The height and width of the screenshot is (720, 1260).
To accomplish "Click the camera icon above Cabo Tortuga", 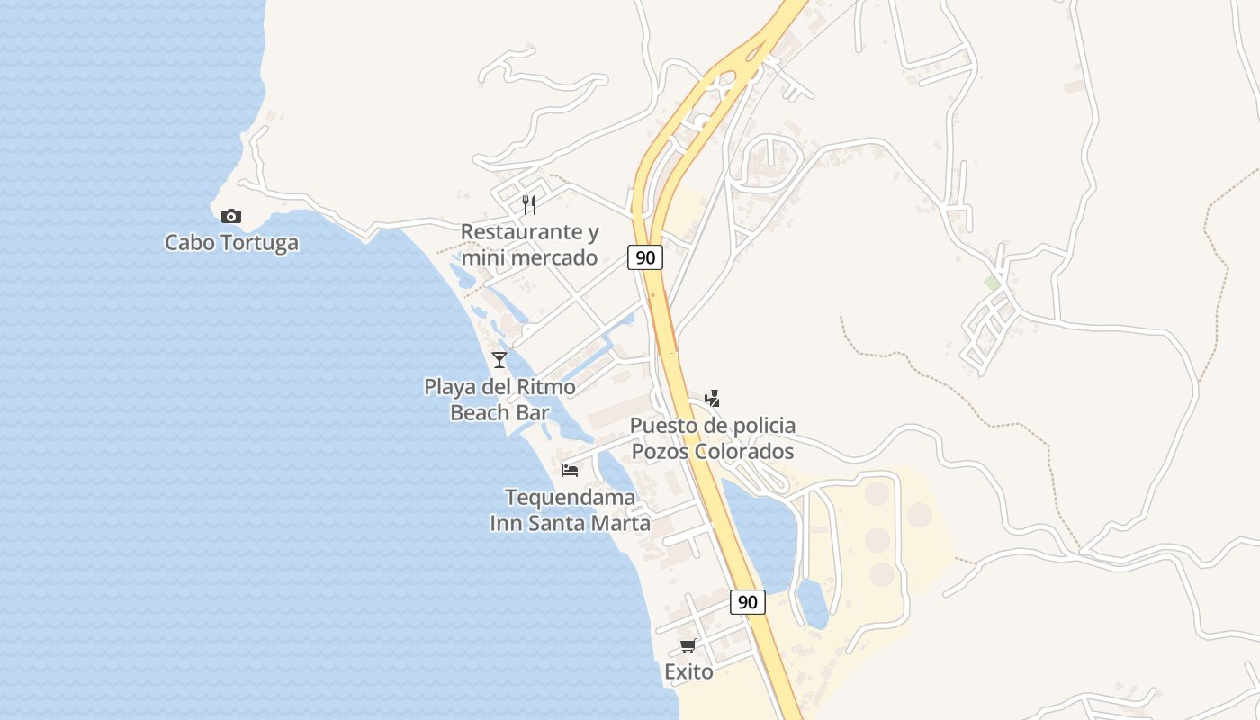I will coord(231,216).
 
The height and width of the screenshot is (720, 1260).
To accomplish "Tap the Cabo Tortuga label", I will coord(231,242).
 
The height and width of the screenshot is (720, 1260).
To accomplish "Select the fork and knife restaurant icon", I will coord(529,205).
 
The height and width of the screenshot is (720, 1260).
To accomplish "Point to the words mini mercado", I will coord(529,257).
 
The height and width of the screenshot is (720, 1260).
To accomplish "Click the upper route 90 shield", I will coord(645,257).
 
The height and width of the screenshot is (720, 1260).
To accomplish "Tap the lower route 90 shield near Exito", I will coord(747,602).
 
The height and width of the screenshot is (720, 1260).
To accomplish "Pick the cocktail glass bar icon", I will coord(499,360).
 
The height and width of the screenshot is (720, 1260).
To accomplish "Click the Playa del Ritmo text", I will coord(499,387).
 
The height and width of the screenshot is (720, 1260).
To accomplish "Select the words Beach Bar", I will coord(499,412).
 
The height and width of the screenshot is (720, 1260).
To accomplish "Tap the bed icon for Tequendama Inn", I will coord(570,470).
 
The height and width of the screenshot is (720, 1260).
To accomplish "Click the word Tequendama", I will coord(570,497).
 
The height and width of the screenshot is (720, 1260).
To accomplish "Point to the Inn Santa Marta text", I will coord(570,522).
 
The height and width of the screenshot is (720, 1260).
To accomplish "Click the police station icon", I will coord(712,398).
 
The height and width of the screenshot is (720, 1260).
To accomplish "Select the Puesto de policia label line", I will coord(712,425).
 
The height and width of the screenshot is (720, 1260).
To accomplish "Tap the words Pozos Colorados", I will coord(712,450).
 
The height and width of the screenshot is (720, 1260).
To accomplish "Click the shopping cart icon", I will coord(688,645).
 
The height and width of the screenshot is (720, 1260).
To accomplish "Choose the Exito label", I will coord(688,671).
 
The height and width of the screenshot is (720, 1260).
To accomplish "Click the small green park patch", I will coord(992,283).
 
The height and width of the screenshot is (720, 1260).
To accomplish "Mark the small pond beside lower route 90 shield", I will coord(813,603).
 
